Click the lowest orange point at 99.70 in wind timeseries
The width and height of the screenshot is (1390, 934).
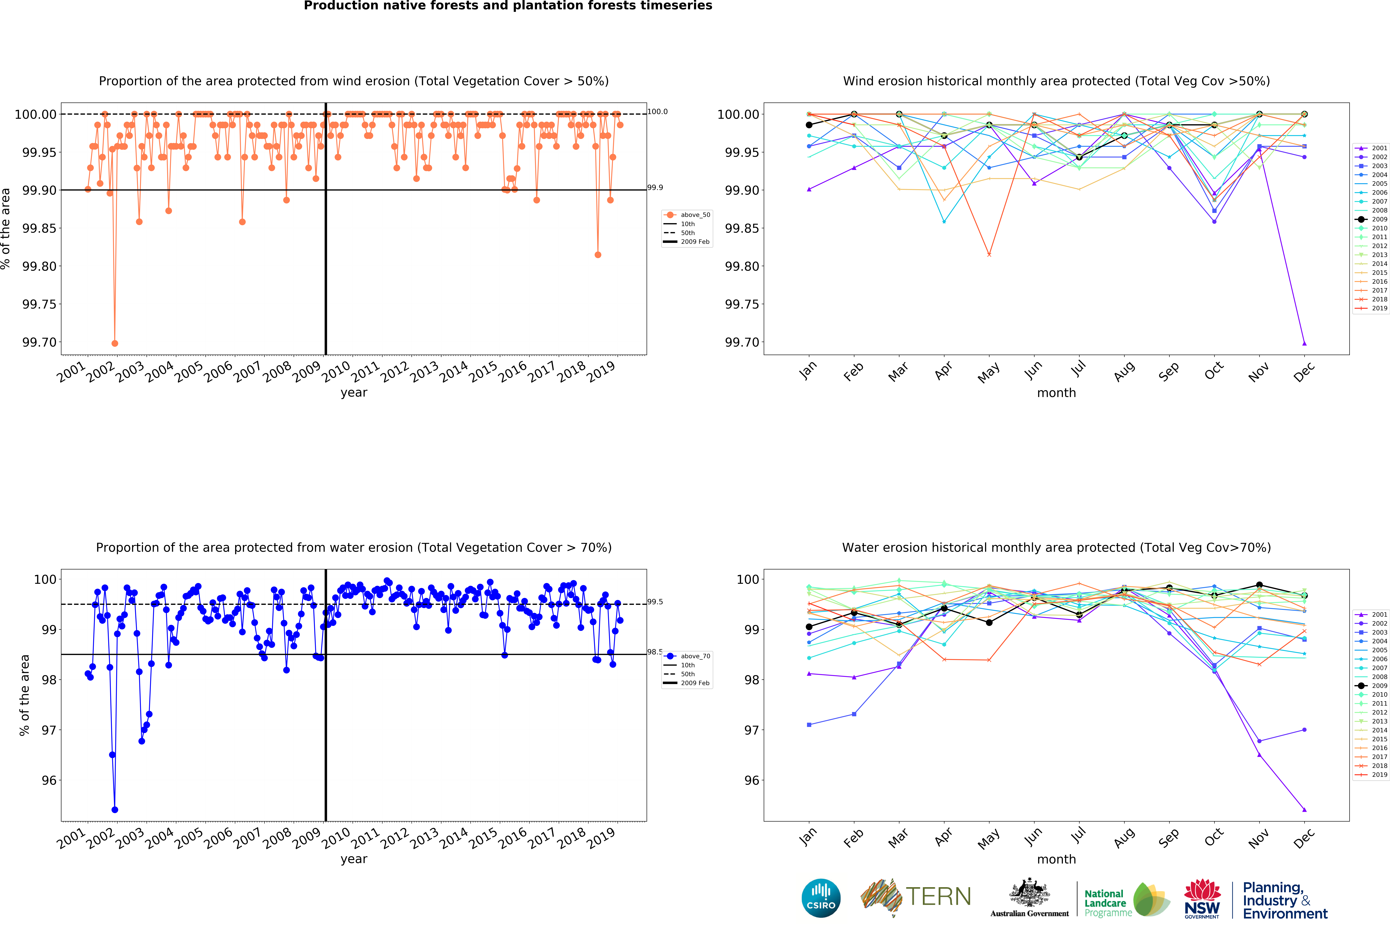(115, 344)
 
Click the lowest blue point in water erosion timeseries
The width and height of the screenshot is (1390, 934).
(115, 810)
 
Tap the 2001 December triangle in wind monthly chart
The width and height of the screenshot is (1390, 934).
(1304, 344)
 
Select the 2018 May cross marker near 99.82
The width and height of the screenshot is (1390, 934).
(989, 255)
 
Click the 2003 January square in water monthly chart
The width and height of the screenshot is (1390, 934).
(809, 725)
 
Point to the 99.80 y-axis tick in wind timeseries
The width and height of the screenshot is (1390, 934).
(39, 266)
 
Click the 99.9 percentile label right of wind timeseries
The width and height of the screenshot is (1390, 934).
(655, 188)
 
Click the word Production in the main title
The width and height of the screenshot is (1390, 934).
(335, 6)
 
